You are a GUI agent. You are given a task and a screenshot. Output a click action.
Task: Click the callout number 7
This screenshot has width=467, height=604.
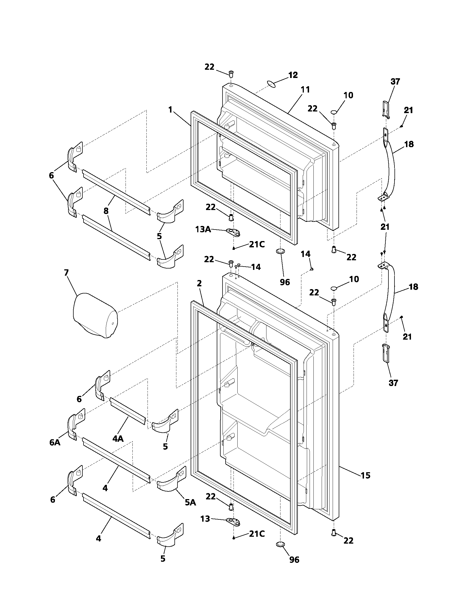point(66,273)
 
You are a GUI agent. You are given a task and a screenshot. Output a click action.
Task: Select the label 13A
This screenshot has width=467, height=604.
point(203,229)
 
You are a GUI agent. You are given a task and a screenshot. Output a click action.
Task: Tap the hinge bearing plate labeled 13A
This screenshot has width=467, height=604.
point(233,233)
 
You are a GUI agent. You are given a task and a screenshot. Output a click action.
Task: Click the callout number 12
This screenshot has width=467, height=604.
point(293,75)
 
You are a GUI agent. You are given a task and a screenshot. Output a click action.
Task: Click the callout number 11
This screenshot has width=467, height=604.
point(305,90)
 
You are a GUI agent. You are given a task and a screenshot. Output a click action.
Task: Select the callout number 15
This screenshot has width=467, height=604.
point(365,475)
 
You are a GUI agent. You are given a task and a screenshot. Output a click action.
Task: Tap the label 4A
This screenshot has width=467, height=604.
point(118,438)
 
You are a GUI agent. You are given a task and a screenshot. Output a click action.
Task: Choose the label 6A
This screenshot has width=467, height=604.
point(55,442)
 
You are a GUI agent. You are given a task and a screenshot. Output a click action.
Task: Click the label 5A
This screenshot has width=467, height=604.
point(190,502)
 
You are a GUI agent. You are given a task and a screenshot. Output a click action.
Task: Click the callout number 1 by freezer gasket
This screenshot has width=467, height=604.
point(170,110)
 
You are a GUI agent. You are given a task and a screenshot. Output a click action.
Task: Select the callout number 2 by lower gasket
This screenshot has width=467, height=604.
point(199,283)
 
